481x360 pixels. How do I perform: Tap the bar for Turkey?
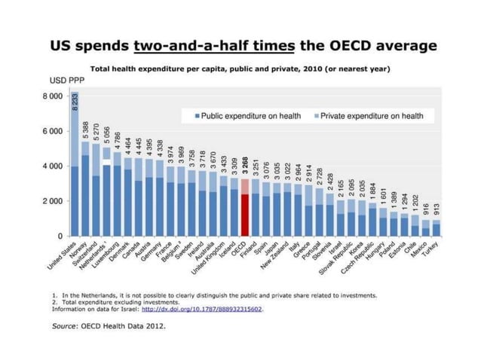(437, 227)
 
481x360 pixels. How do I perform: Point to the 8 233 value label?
(75, 103)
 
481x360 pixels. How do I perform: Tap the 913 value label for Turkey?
(437, 210)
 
